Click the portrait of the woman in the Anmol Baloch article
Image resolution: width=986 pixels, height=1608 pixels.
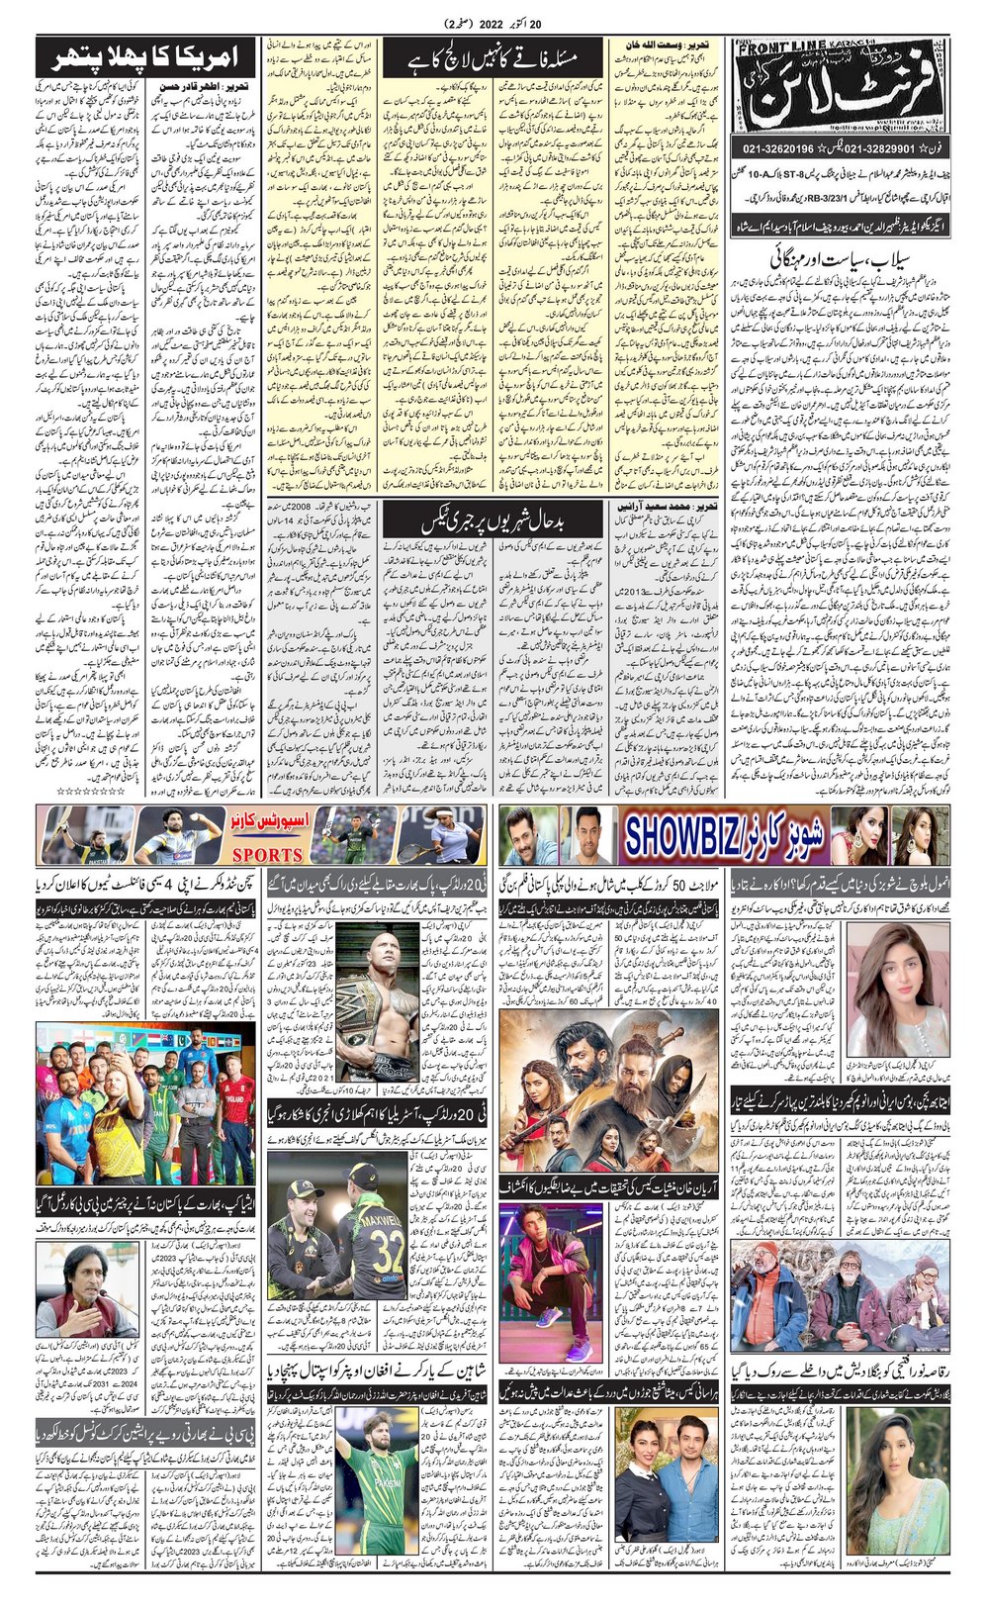point(887,1003)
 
